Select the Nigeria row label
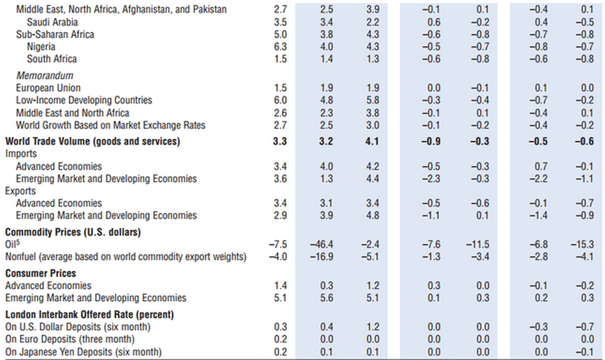click(41, 47)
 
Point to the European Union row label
click(48, 88)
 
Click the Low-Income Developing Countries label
click(84, 101)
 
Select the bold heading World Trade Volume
click(92, 141)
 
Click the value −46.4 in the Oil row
click(326, 244)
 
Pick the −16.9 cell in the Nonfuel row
click(326, 257)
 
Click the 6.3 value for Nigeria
click(281, 47)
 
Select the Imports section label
click(21, 154)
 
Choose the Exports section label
click(21, 191)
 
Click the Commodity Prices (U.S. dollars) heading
click(73, 232)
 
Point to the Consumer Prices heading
click(41, 273)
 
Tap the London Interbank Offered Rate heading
click(89, 314)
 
